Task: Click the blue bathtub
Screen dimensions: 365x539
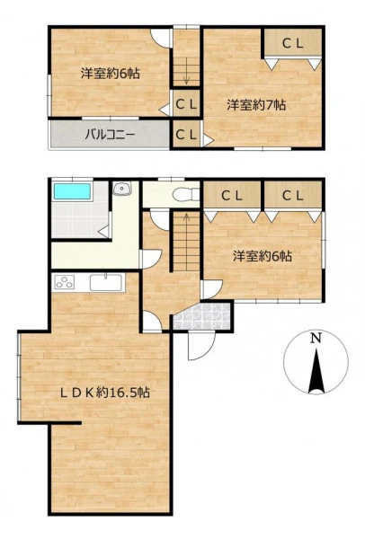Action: tap(72, 191)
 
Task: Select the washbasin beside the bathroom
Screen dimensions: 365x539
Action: tap(122, 188)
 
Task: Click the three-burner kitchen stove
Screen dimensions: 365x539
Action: tap(65, 282)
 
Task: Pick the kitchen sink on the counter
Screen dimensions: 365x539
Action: tap(106, 282)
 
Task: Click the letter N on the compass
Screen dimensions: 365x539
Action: tap(316, 339)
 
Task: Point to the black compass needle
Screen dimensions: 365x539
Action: tap(316, 371)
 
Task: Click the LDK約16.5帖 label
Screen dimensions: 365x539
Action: tap(105, 393)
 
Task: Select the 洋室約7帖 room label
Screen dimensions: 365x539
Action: tap(256, 105)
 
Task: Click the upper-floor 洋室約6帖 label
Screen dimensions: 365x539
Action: tap(111, 74)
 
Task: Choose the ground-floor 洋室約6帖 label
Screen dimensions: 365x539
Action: tap(263, 256)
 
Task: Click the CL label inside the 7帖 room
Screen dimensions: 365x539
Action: tap(293, 43)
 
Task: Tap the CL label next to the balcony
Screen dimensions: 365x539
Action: tap(186, 135)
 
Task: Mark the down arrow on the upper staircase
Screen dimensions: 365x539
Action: tap(186, 71)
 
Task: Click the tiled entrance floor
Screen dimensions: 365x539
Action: tap(201, 316)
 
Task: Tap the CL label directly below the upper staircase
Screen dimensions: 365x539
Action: tap(186, 104)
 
